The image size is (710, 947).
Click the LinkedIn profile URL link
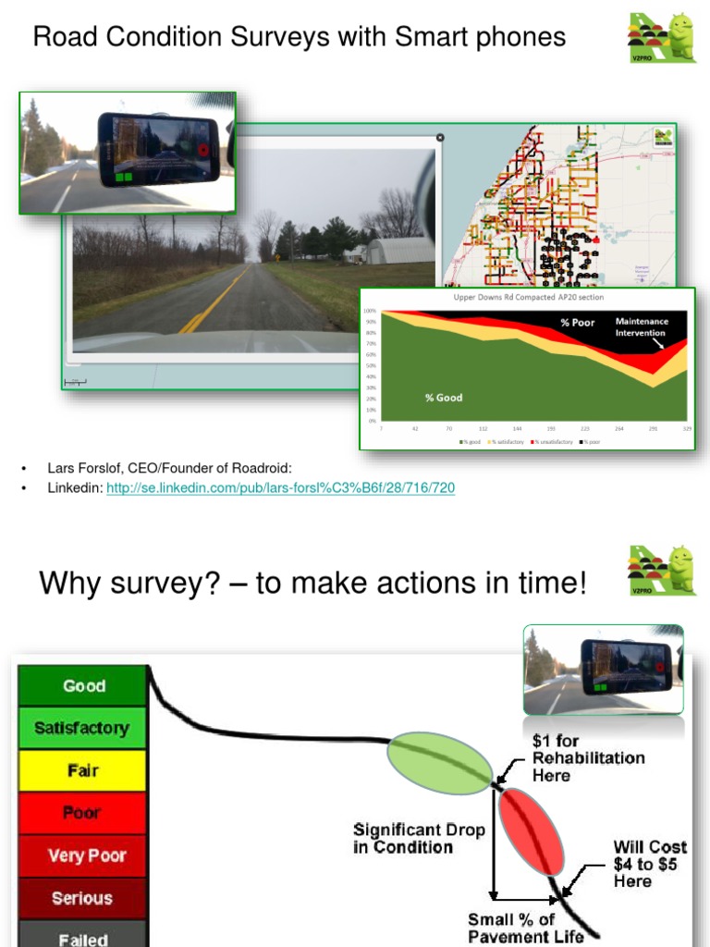click(280, 487)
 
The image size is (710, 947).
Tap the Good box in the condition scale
click(83, 686)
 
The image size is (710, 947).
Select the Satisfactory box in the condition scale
click(82, 728)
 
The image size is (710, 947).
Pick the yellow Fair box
click(82, 770)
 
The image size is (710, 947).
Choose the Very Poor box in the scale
click(82, 855)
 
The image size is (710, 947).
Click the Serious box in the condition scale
click(82, 898)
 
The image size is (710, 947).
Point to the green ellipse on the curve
click(440, 763)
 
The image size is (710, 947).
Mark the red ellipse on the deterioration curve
click(531, 831)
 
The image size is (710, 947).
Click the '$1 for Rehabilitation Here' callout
click(588, 758)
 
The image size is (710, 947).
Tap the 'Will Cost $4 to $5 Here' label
click(650, 864)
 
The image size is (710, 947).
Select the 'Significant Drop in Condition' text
click(419, 838)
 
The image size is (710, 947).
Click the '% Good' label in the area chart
click(444, 398)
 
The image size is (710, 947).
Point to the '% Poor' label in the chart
click(578, 323)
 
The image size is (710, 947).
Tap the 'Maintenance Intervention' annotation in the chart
click(642, 327)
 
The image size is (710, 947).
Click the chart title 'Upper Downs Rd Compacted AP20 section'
click(525, 298)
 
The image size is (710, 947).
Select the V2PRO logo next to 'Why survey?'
click(661, 570)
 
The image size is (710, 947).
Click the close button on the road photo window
click(440, 137)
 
